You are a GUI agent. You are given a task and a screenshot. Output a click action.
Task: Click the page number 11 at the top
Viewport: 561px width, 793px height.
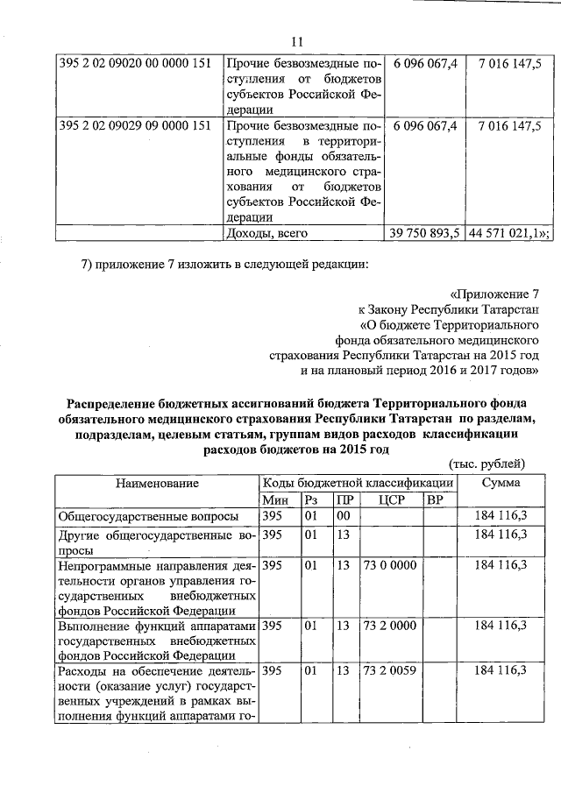coord(295,42)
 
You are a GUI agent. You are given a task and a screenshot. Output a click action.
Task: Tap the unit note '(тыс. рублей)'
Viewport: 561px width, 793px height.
coord(486,464)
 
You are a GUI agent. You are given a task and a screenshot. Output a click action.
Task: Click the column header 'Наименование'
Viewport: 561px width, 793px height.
coord(156,482)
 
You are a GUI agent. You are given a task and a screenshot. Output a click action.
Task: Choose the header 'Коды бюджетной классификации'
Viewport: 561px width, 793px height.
coord(358,482)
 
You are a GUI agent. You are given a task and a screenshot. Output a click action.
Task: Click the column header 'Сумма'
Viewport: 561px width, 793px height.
coord(500,482)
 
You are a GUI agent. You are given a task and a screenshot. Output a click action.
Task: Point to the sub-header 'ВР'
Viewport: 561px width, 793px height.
coord(435,499)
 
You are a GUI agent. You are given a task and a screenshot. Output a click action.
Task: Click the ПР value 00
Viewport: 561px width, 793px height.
coord(344,517)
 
